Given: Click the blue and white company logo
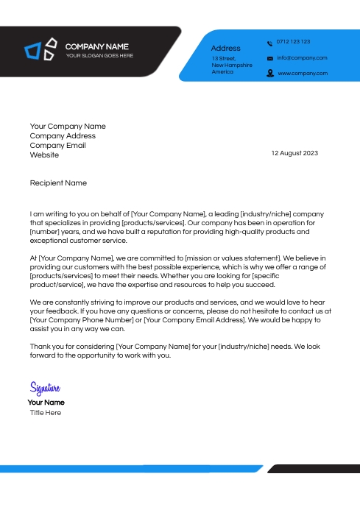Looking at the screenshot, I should pyautogui.click(x=40, y=49).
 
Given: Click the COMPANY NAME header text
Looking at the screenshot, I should pyautogui.click(x=96, y=46).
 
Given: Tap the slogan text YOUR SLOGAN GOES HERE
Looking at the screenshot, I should pyautogui.click(x=99, y=56).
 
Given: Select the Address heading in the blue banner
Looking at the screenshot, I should pyautogui.click(x=225, y=48).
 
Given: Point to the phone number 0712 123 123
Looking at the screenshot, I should pyautogui.click(x=293, y=42).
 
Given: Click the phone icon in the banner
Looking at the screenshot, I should pyautogui.click(x=269, y=43).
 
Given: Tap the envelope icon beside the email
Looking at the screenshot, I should pyautogui.click(x=269, y=58).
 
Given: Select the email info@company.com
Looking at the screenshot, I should pyautogui.click(x=302, y=57).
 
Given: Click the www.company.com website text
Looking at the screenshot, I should pyautogui.click(x=302, y=74).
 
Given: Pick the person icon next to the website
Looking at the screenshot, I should pyautogui.click(x=269, y=74).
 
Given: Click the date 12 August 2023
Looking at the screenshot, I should pyautogui.click(x=294, y=153).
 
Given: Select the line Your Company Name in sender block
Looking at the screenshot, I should pyautogui.click(x=68, y=127).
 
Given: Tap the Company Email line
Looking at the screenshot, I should pyautogui.click(x=57, y=146).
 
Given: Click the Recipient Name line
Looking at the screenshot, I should pyautogui.click(x=58, y=183).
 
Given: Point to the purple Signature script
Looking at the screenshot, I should pyautogui.click(x=45, y=388).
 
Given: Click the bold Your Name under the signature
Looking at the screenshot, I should pyautogui.click(x=46, y=403).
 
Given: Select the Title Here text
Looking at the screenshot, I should pyautogui.click(x=46, y=413).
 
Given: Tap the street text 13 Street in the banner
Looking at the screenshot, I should pyautogui.click(x=224, y=58).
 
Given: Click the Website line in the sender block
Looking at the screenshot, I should pyautogui.click(x=44, y=155).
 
